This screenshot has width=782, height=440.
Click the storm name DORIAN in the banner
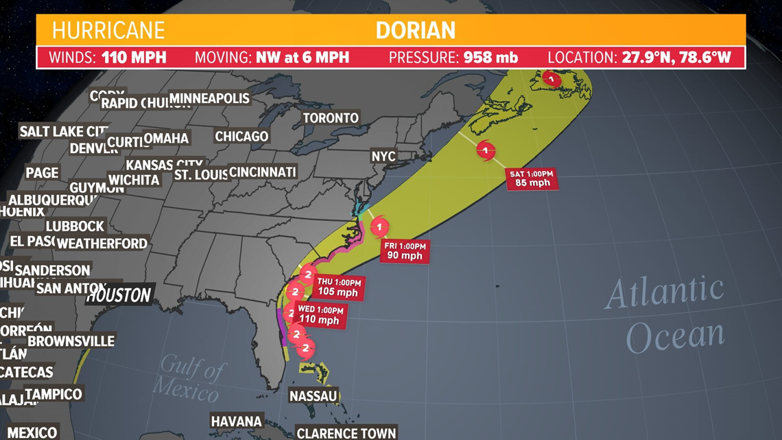[x=416, y=30]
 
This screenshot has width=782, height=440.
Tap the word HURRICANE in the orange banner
[x=108, y=30]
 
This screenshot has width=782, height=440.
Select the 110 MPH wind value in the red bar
[x=134, y=57]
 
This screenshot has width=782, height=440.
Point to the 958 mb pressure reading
[x=490, y=57]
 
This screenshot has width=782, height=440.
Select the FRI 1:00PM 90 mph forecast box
[x=405, y=251]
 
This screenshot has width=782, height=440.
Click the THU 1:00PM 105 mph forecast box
[x=338, y=287]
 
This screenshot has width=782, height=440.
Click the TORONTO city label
[x=331, y=118]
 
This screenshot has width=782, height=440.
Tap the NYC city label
[x=383, y=157]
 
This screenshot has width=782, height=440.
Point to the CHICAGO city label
[x=241, y=137]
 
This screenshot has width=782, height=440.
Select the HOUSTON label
[x=119, y=295]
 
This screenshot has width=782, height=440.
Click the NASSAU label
[x=313, y=396]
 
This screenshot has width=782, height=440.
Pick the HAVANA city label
[x=237, y=421]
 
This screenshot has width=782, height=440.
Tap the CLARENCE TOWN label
[x=346, y=432]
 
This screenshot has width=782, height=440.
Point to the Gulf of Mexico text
[x=189, y=380]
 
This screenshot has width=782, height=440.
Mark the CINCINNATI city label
[x=262, y=172]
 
